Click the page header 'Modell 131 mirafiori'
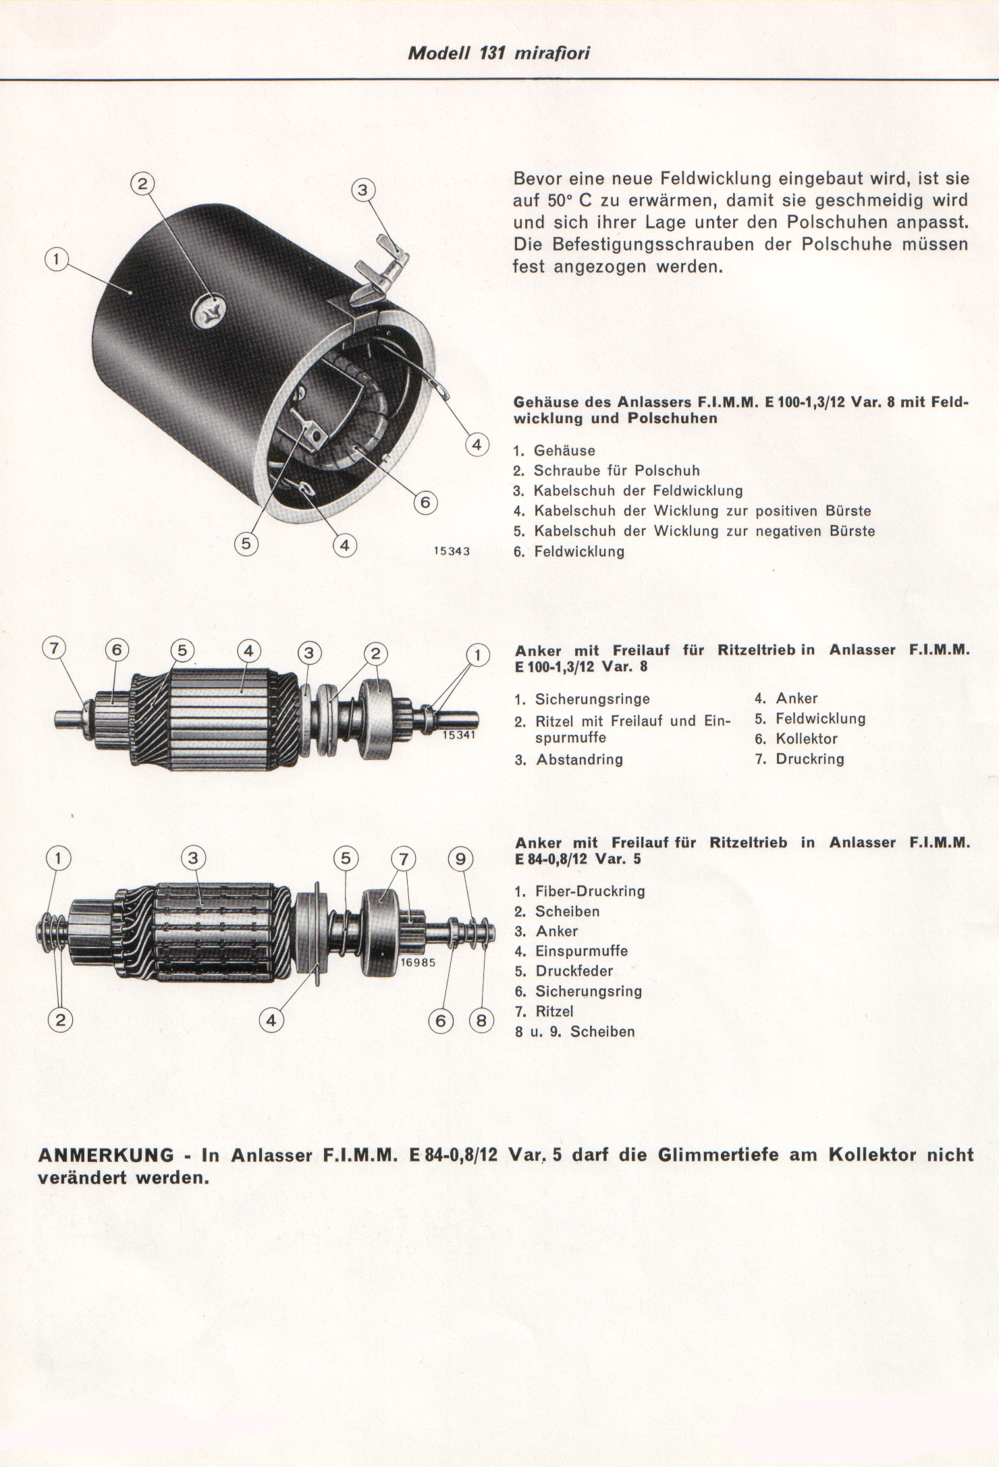(x=499, y=54)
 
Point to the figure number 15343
(x=452, y=551)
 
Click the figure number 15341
(x=459, y=735)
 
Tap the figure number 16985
(x=418, y=963)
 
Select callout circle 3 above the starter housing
(x=363, y=191)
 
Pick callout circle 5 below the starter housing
(x=246, y=544)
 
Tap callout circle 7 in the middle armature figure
(x=55, y=648)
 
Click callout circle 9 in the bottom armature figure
(x=461, y=858)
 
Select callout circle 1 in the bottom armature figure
(x=59, y=858)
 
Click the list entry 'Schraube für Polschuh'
(x=617, y=470)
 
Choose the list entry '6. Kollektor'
(x=796, y=739)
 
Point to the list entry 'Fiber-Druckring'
(x=590, y=891)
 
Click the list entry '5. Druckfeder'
(x=564, y=971)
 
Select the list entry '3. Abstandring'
(x=569, y=760)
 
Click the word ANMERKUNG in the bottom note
(x=106, y=1155)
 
